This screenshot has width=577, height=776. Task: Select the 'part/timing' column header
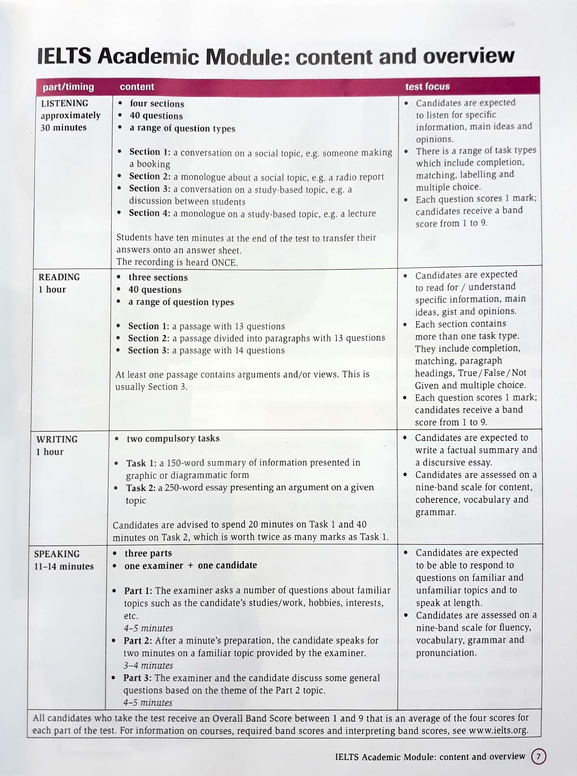click(x=68, y=87)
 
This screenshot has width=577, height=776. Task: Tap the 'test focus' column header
click(x=427, y=86)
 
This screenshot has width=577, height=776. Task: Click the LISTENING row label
click(x=65, y=103)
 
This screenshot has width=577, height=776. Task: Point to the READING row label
click(x=59, y=277)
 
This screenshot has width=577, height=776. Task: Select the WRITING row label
click(x=57, y=439)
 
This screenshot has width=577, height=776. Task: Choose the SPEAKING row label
click(x=57, y=554)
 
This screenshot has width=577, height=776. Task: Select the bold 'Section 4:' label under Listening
click(x=149, y=213)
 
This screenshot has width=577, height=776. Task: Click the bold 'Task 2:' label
click(x=141, y=487)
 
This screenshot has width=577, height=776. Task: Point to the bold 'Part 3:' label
click(x=137, y=678)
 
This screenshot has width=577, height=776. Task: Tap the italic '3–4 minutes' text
click(x=148, y=665)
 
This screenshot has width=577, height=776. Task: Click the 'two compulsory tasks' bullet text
click(x=173, y=438)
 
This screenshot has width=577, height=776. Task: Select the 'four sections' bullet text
click(x=157, y=104)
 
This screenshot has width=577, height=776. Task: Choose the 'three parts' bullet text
click(x=148, y=553)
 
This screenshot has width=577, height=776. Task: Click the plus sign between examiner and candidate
click(x=190, y=566)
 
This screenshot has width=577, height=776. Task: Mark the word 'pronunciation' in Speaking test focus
click(x=446, y=653)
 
